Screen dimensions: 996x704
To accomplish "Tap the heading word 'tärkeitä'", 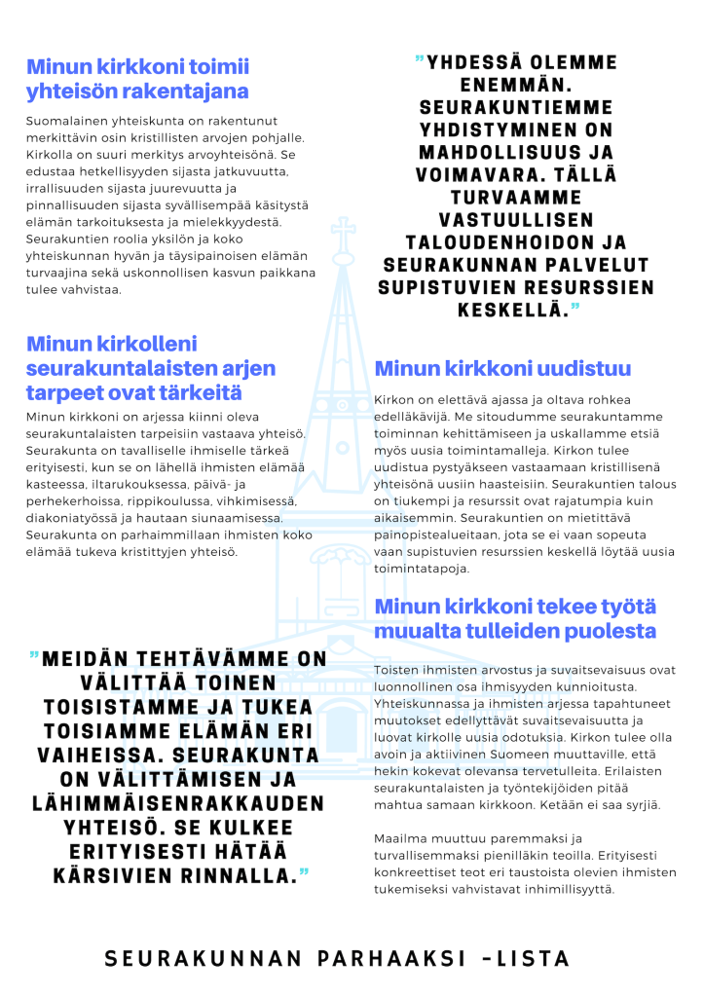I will pyautogui.click(x=195, y=392).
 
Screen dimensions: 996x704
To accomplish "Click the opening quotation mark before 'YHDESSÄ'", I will pyautogui.click(x=419, y=61).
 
